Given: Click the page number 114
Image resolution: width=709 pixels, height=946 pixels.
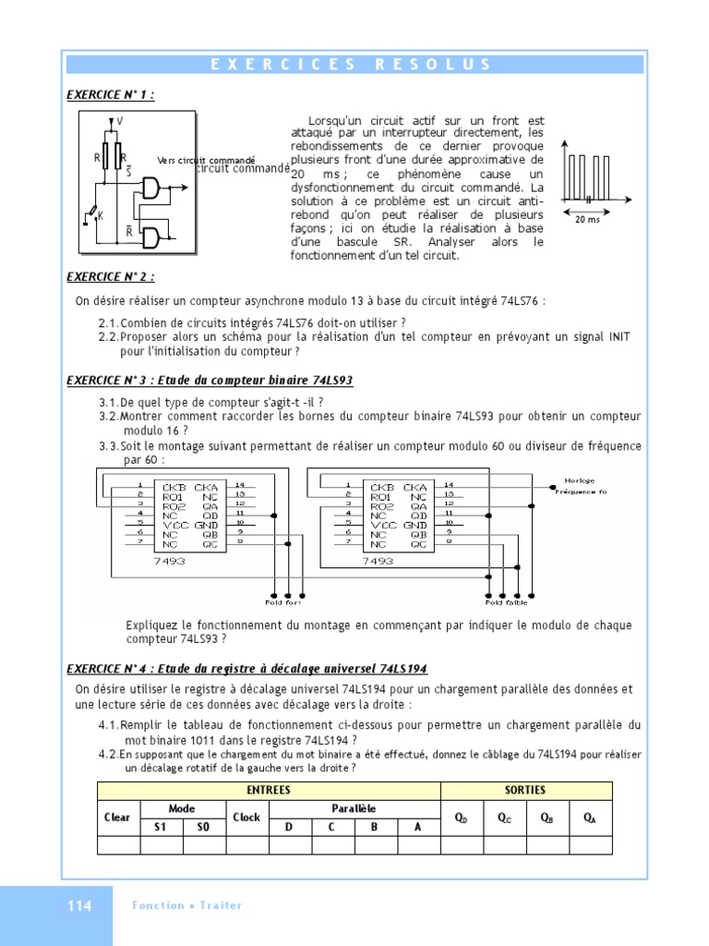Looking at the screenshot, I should pos(79,906).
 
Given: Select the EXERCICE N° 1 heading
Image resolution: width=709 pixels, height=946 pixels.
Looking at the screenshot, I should pos(110,94).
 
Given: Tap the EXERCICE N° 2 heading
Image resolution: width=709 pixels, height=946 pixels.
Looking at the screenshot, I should pos(110,276).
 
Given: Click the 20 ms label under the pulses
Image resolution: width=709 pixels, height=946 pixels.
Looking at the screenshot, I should pos(588,220).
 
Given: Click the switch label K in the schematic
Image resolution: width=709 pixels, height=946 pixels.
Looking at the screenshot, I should pos(101,214).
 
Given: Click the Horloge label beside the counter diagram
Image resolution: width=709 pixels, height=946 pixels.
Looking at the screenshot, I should pos(580,480).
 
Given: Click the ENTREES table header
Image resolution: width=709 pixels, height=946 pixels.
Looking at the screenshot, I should pos(269,790).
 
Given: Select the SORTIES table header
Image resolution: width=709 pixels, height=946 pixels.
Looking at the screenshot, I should pos(525,790).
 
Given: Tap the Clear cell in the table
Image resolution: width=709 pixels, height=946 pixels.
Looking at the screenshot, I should pos(117,818).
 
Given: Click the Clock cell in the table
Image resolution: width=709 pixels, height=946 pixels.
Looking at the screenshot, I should pos(246,818).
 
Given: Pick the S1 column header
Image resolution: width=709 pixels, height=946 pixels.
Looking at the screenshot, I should pos(160,827).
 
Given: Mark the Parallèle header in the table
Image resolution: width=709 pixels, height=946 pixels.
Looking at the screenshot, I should pos(354,808).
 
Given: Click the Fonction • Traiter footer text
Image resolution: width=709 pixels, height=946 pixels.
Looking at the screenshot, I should pos(187,905).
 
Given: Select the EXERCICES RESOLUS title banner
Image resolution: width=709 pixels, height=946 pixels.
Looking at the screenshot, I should pos(354,65).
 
